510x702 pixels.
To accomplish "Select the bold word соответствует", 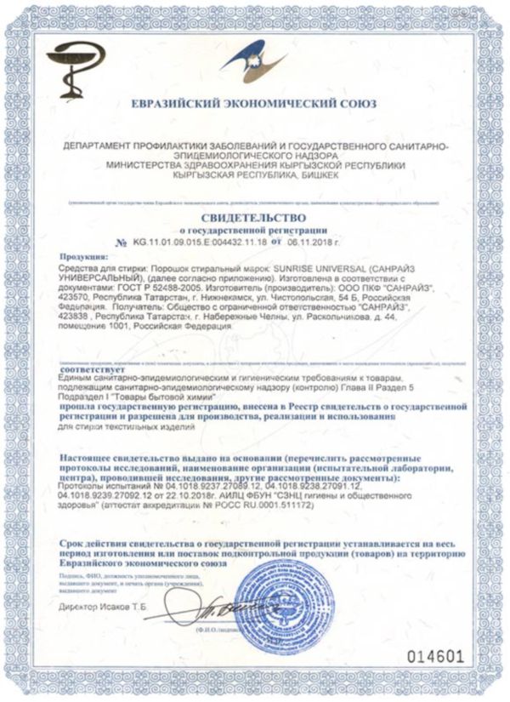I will pyautogui.click(x=91, y=371).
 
